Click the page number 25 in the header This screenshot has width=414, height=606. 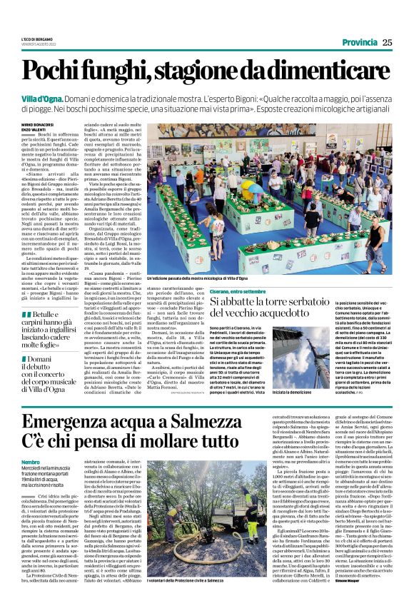386,42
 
